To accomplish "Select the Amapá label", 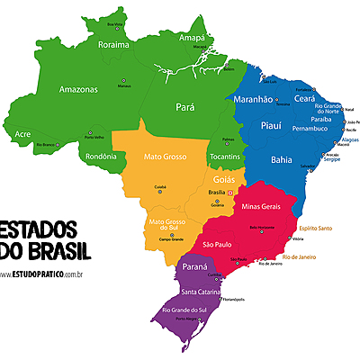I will click(x=193, y=38).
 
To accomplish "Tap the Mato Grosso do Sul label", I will click(x=164, y=225).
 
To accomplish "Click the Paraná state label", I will click(x=196, y=267).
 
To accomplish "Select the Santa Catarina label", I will click(x=202, y=291).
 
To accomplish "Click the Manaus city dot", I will click(x=123, y=80).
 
